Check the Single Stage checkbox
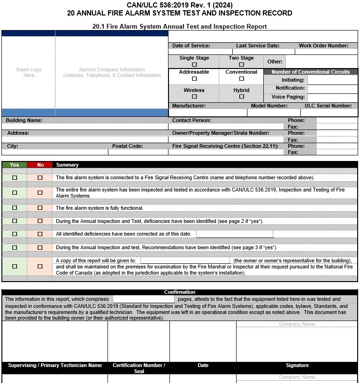click(x=194, y=65)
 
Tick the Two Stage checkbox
click(x=241, y=65)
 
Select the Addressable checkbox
click(x=194, y=79)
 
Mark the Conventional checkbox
click(x=241, y=79)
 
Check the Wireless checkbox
click(x=194, y=97)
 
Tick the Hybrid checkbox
click(x=241, y=97)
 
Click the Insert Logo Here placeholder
click(x=29, y=72)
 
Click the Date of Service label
click(x=191, y=46)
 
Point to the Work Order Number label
click(x=323, y=46)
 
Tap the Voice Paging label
click(x=288, y=97)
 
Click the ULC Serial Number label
click(x=328, y=106)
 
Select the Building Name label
click(x=24, y=121)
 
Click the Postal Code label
click(x=127, y=146)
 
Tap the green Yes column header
click(x=15, y=165)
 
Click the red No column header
click(x=40, y=165)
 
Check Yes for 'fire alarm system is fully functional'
click(x=15, y=208)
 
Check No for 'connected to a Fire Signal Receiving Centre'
click(x=40, y=178)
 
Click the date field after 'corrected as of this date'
click(x=235, y=234)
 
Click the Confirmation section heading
click(x=180, y=292)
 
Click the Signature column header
click(x=297, y=365)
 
